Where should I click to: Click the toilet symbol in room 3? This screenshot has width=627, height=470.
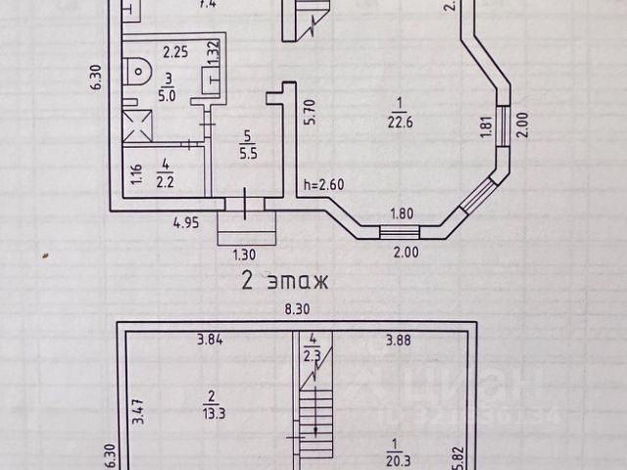(140, 70)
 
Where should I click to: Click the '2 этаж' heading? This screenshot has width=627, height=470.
(284, 282)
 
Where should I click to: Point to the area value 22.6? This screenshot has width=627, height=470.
(399, 122)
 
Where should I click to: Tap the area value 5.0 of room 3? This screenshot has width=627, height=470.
(168, 96)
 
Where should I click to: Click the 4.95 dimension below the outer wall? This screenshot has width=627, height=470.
(186, 223)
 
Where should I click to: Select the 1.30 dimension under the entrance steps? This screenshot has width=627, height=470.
(243, 254)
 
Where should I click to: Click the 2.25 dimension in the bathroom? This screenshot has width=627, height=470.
(175, 51)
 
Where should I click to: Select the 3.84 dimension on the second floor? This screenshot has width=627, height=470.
(211, 340)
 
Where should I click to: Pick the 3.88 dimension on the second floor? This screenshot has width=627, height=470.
(399, 340)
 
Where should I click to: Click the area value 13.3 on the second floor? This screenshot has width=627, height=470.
(210, 402)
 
